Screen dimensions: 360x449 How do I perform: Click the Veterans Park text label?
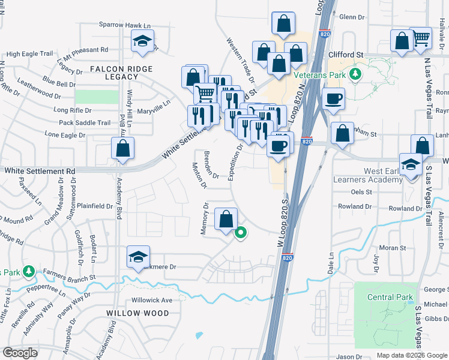click(319, 75)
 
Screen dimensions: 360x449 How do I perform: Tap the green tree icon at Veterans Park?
click(355, 74)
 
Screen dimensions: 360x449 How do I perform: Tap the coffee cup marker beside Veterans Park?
click(333, 99)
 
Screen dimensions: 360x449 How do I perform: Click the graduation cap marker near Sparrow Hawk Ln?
click(142, 41)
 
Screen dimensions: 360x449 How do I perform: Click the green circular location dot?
click(241, 233)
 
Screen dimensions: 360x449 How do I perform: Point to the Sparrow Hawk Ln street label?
click(124, 25)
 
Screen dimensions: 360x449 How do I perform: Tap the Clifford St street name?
click(346, 55)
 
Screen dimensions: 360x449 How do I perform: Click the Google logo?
click(20, 353)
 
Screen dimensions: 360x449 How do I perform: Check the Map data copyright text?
click(412, 355)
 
